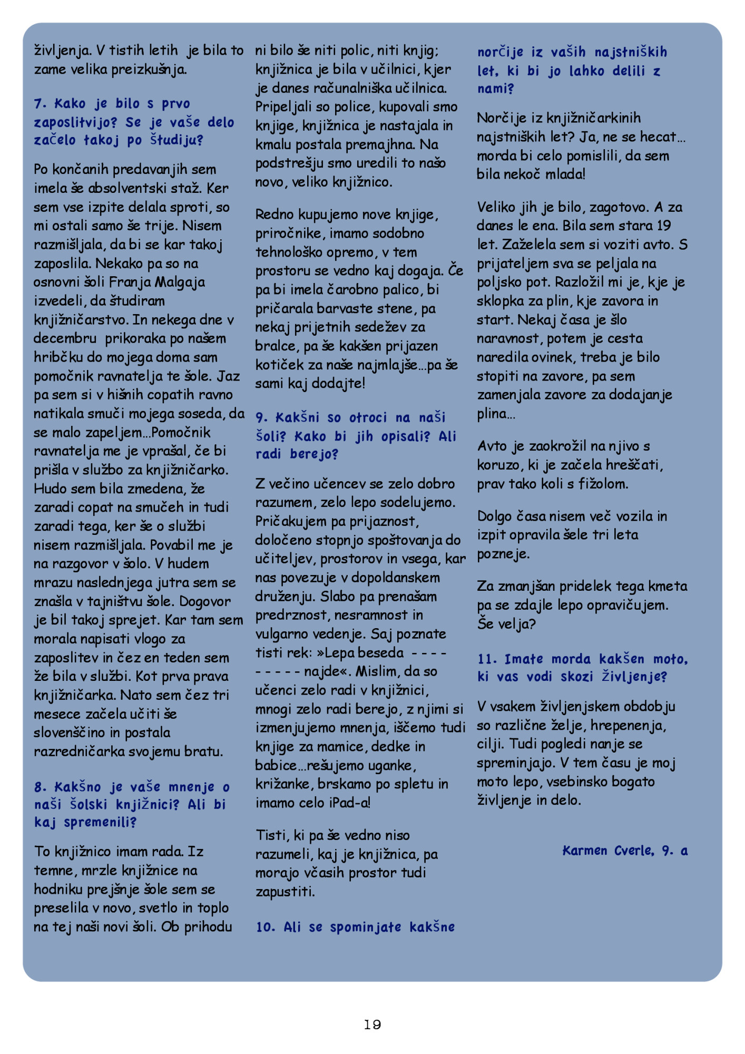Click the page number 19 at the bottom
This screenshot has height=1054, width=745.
coord(372,1024)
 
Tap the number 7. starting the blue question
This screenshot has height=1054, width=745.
coord(41,104)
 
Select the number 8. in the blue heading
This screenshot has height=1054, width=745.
coord(41,787)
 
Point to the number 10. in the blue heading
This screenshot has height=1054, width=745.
coord(266,927)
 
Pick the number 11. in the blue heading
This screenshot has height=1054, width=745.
coord(487,659)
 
